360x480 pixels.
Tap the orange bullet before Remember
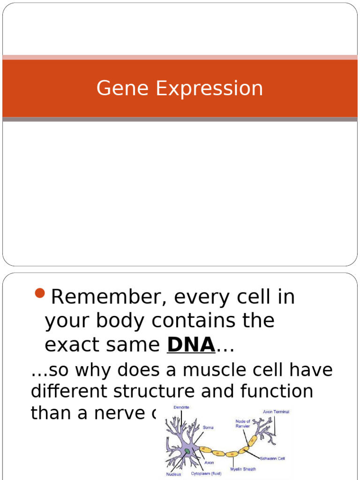tap(40, 294)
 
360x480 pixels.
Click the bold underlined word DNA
tap(191, 345)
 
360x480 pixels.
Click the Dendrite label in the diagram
tap(181, 407)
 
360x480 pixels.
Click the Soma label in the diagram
tap(208, 427)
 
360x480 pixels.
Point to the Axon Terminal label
tap(276, 412)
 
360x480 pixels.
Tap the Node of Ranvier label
tap(242, 424)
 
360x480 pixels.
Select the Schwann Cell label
tap(272, 458)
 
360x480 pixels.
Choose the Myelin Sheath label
tap(243, 469)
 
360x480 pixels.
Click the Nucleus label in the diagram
tap(173, 474)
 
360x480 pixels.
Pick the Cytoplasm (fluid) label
tap(206, 474)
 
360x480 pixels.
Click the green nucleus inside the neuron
tap(187, 451)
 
